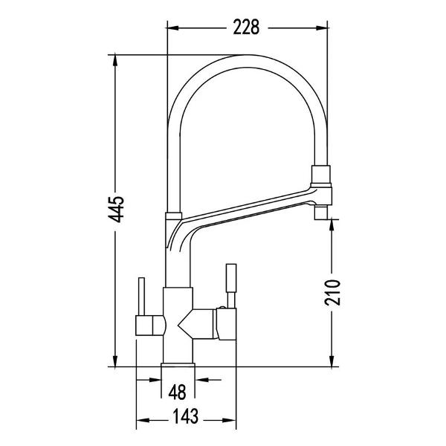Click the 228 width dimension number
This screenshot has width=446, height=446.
click(x=246, y=28)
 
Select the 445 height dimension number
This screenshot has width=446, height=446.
click(x=116, y=209)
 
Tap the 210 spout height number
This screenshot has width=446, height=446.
click(x=332, y=292)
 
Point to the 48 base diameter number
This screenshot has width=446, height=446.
click(x=177, y=392)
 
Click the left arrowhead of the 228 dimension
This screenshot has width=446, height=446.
click(x=172, y=28)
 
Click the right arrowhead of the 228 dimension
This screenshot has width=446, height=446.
click(x=322, y=28)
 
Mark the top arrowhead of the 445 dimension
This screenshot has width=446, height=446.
click(x=115, y=60)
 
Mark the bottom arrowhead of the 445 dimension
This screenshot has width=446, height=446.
click(x=115, y=361)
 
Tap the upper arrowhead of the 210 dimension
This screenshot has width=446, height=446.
click(x=332, y=225)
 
